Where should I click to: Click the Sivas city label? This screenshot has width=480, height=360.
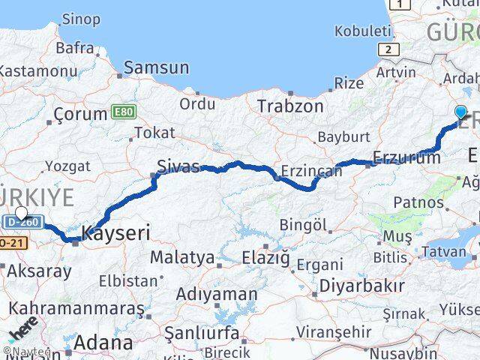tap(178, 166)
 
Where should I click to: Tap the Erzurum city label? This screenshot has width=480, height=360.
tap(406, 157)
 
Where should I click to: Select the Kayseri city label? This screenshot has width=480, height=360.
tap(115, 232)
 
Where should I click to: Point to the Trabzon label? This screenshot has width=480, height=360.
tap(290, 106)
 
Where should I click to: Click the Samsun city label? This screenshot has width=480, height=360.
tap(156, 67)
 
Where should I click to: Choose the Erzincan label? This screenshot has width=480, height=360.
tap(311, 171)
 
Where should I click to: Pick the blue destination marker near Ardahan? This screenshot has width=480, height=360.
tap(460, 112)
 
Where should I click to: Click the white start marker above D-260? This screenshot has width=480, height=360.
tap(21, 213)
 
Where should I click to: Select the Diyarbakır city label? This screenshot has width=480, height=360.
tap(362, 286)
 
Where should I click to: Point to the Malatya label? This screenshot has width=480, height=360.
tap(182, 257)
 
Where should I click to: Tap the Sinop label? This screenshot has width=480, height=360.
tap(80, 19)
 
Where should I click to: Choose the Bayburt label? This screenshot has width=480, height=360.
tap(343, 136)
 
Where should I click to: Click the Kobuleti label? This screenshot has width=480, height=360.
tap(363, 31)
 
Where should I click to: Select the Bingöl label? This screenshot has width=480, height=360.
tap(303, 224)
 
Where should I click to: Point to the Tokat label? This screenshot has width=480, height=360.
tap(154, 133)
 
